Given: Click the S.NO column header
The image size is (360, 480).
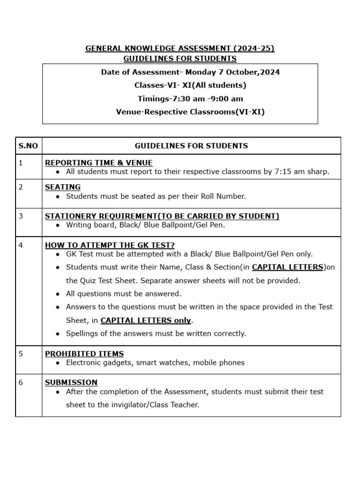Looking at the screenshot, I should [28, 146].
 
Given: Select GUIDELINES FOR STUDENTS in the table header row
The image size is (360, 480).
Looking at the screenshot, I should [191, 146].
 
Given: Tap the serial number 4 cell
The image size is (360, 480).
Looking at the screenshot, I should [21, 245].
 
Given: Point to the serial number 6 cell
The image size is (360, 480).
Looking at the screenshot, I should [21, 382].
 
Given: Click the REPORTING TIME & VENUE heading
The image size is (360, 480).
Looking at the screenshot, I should [98, 163].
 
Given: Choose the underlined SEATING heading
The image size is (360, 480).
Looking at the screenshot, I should [63, 187].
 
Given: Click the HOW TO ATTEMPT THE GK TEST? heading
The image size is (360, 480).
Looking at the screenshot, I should [110, 245].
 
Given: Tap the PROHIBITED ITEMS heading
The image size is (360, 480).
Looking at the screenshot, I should [84, 354].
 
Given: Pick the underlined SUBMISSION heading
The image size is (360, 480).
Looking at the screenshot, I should [71, 382].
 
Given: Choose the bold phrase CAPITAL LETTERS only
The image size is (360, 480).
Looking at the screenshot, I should [146, 321].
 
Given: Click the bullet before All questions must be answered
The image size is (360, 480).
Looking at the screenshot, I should [57, 294].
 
